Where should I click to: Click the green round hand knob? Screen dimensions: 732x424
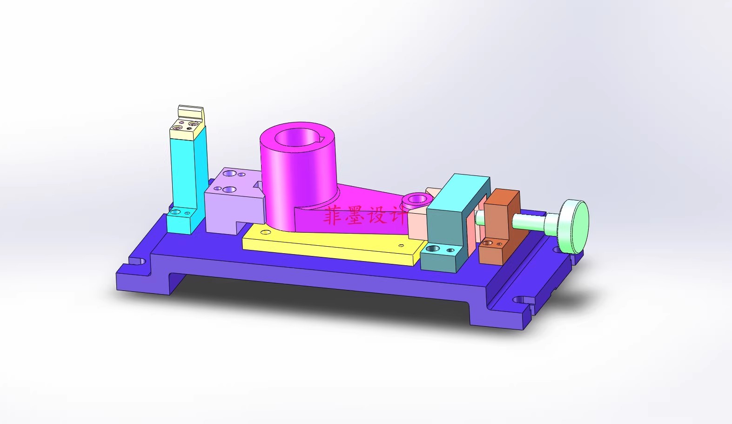click(x=573, y=226)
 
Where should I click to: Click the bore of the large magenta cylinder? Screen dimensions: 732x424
click(x=297, y=137)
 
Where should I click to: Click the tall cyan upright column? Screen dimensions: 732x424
click(x=188, y=179)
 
